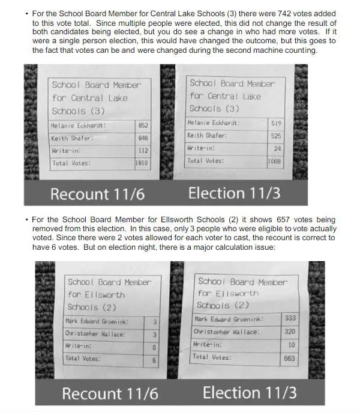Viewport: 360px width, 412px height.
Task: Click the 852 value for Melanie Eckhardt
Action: coord(143,126)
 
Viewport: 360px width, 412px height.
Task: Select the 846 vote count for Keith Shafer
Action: coord(143,138)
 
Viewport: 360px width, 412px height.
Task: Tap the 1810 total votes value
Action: coord(142,163)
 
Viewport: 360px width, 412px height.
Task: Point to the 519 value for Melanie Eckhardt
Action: coord(276,123)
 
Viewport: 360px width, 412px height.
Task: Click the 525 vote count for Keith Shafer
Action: coord(276,136)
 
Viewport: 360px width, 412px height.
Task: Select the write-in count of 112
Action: coord(143,151)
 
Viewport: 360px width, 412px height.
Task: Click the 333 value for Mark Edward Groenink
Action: coord(290,318)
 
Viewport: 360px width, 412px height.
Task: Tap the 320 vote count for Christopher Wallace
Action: coord(290,331)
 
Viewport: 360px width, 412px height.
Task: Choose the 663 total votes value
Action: coord(290,357)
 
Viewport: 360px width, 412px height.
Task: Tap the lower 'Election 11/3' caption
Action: coord(250,393)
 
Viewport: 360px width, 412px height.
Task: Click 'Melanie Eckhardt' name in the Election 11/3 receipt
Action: coord(214,123)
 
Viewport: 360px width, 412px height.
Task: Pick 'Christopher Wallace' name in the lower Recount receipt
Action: coord(95,333)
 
